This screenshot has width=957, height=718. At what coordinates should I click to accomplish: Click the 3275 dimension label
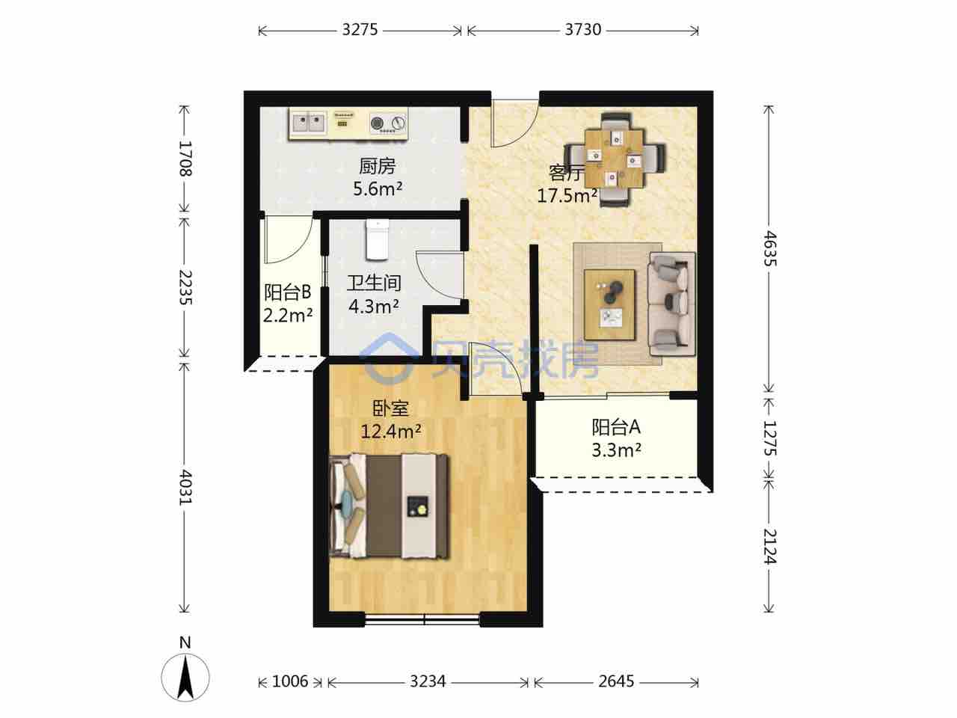click(x=360, y=30)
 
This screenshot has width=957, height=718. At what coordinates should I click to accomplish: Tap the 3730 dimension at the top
click(x=583, y=30)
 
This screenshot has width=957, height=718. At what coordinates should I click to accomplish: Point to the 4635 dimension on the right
click(x=769, y=248)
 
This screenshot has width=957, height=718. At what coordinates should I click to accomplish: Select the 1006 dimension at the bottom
click(x=290, y=681)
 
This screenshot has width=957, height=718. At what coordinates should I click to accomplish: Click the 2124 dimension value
click(x=769, y=547)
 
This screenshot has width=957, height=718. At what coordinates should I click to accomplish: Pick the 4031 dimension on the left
click(x=185, y=488)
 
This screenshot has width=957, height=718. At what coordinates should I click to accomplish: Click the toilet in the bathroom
click(x=377, y=240)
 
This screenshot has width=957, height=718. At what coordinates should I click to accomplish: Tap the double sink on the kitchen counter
click(x=309, y=123)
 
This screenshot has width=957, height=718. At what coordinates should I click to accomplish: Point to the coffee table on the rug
click(x=609, y=304)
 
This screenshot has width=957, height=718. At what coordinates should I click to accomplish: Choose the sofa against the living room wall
click(x=671, y=304)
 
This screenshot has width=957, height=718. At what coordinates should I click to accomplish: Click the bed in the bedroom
click(x=390, y=506)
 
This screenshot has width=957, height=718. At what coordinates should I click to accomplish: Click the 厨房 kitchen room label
click(x=377, y=167)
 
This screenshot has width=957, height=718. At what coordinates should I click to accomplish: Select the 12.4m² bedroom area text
click(x=391, y=432)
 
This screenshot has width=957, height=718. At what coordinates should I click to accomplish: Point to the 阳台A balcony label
click(x=616, y=427)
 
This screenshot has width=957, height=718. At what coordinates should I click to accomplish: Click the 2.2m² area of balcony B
click(x=288, y=315)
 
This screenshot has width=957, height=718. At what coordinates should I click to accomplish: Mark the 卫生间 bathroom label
click(x=374, y=283)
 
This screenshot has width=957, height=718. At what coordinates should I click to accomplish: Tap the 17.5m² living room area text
click(x=567, y=196)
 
